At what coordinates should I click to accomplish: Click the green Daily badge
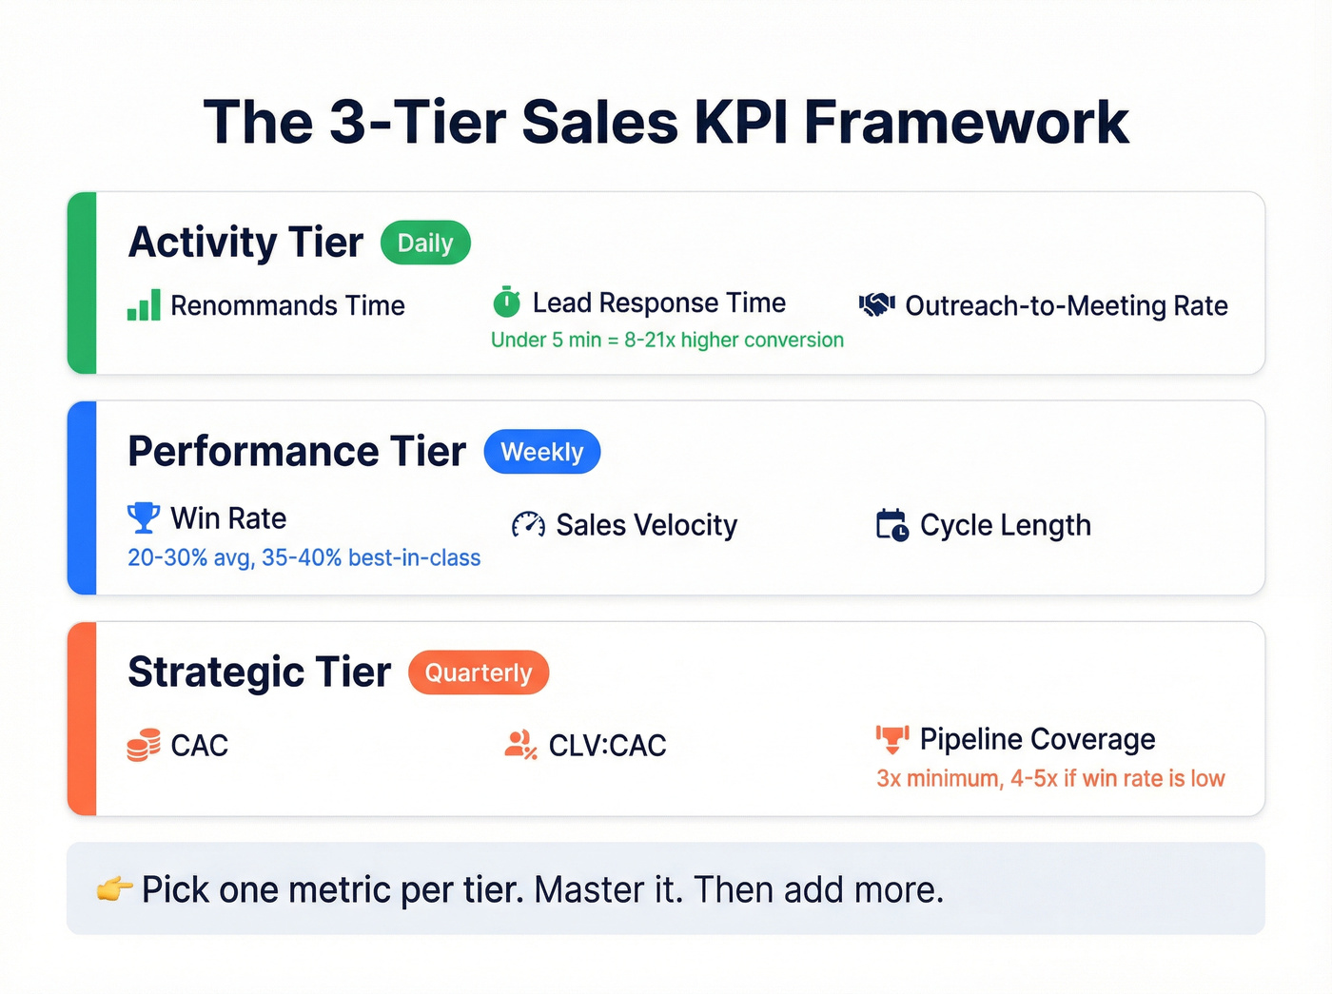[x=425, y=244]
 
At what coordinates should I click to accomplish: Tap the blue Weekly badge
[x=541, y=452]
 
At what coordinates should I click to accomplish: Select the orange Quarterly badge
[x=478, y=672]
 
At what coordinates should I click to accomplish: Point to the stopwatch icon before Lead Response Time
[x=506, y=302]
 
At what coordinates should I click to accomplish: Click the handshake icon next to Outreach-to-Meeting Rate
[x=876, y=305]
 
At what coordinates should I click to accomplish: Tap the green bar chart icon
[x=144, y=305]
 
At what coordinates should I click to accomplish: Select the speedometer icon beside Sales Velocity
[x=528, y=525]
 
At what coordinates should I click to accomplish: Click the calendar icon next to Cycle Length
[x=891, y=525]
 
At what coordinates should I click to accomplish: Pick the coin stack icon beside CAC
[x=144, y=745]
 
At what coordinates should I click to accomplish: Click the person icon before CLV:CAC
[x=520, y=745]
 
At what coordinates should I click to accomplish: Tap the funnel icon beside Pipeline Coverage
[x=891, y=739]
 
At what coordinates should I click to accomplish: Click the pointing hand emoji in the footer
[x=114, y=890]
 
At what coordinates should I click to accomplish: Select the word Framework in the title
[x=966, y=123]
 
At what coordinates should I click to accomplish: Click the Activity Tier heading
[x=245, y=243]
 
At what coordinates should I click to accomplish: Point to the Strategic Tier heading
[x=259, y=672]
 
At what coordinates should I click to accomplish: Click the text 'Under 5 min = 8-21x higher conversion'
[x=667, y=341]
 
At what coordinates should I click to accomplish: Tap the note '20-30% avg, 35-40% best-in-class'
[x=304, y=558]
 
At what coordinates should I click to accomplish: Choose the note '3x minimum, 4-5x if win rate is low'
[x=1050, y=779]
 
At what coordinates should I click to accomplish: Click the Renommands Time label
[x=287, y=306]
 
